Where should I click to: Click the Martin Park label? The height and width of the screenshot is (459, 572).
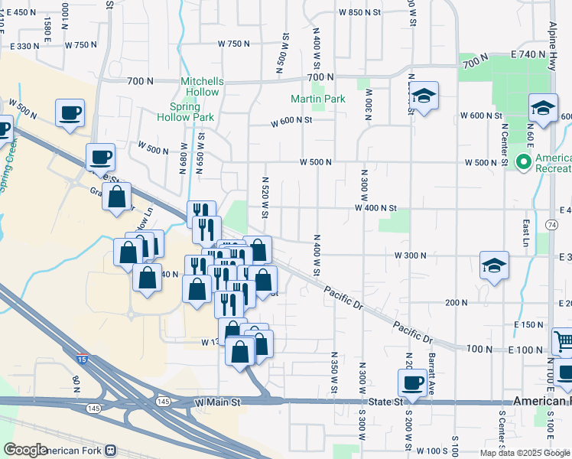(x=318, y=99)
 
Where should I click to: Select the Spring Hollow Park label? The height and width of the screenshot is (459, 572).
(x=185, y=112)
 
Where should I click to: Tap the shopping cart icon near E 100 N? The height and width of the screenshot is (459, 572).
(x=564, y=341)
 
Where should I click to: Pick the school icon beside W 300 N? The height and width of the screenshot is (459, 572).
(x=494, y=266)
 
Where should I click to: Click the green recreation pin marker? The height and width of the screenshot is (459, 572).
(x=524, y=162)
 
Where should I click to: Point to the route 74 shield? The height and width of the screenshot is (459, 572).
(x=551, y=224)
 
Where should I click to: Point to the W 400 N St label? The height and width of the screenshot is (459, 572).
(x=375, y=208)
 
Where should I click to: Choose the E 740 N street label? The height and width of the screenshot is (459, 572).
(x=531, y=56)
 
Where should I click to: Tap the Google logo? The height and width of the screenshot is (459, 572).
(x=25, y=450)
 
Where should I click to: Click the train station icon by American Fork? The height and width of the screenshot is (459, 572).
(x=112, y=451)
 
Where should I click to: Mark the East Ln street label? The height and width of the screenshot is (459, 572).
(x=526, y=228)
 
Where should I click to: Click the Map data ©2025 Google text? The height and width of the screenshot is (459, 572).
(x=523, y=452)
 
